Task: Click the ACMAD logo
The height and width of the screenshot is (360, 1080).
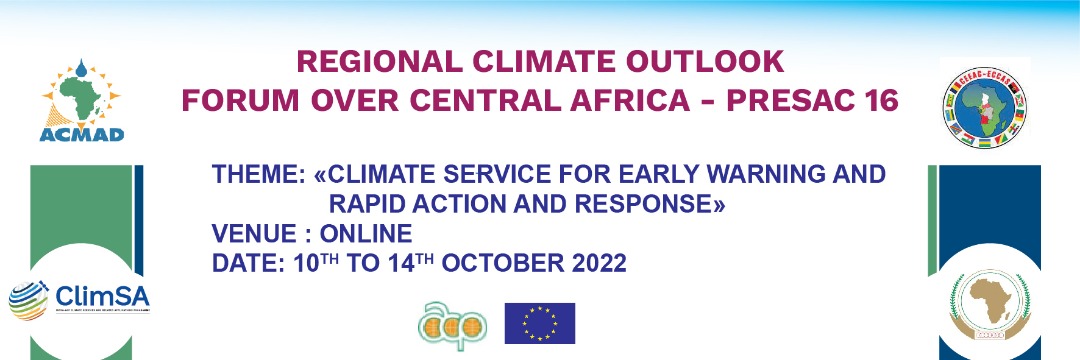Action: pos(82,101)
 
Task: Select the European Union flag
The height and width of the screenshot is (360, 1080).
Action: pos(540,322)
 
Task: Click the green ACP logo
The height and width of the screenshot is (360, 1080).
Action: pos(453,323)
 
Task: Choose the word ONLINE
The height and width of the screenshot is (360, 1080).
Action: pos(366,235)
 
